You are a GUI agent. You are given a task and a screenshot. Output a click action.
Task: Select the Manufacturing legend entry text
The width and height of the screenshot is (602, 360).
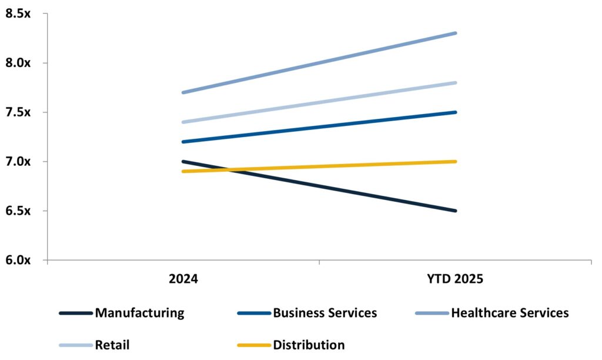(x=139, y=313)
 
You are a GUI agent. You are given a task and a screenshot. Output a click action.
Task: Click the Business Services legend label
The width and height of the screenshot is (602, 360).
(x=325, y=313)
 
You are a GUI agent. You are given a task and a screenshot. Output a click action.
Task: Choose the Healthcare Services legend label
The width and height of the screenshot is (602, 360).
(x=510, y=313)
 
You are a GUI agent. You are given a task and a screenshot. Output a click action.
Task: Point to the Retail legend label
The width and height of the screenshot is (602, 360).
(x=112, y=345)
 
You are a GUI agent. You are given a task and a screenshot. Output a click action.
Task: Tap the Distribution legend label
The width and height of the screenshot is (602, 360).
(x=309, y=345)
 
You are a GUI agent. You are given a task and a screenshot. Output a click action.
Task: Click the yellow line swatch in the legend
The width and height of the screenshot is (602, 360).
(x=253, y=345)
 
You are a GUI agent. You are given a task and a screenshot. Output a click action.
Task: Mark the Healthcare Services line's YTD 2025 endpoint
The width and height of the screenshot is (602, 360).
(x=456, y=33)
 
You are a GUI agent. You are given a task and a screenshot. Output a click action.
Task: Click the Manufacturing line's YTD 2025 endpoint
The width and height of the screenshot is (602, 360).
(x=456, y=211)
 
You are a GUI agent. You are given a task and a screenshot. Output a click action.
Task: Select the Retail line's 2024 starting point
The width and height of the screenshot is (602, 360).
(x=183, y=122)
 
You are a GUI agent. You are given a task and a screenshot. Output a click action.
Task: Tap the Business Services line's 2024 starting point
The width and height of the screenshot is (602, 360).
(x=183, y=142)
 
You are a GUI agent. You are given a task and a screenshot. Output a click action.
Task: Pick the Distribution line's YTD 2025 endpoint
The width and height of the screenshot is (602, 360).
(x=456, y=161)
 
